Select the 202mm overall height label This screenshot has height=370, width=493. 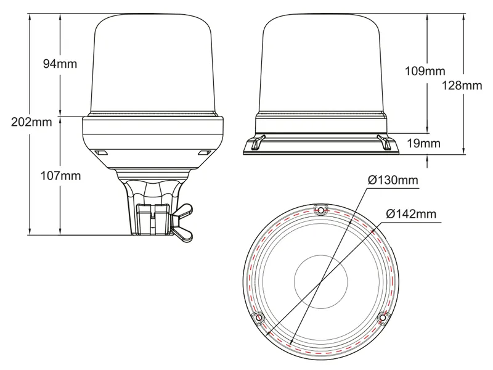[31, 121]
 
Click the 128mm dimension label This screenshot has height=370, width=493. [462, 86]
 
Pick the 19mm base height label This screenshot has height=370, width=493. [423, 144]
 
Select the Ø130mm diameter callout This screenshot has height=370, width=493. [393, 180]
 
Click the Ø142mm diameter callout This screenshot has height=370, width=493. [411, 214]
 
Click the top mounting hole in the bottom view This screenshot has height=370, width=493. [320, 209]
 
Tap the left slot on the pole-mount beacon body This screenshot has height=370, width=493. [101, 151]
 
